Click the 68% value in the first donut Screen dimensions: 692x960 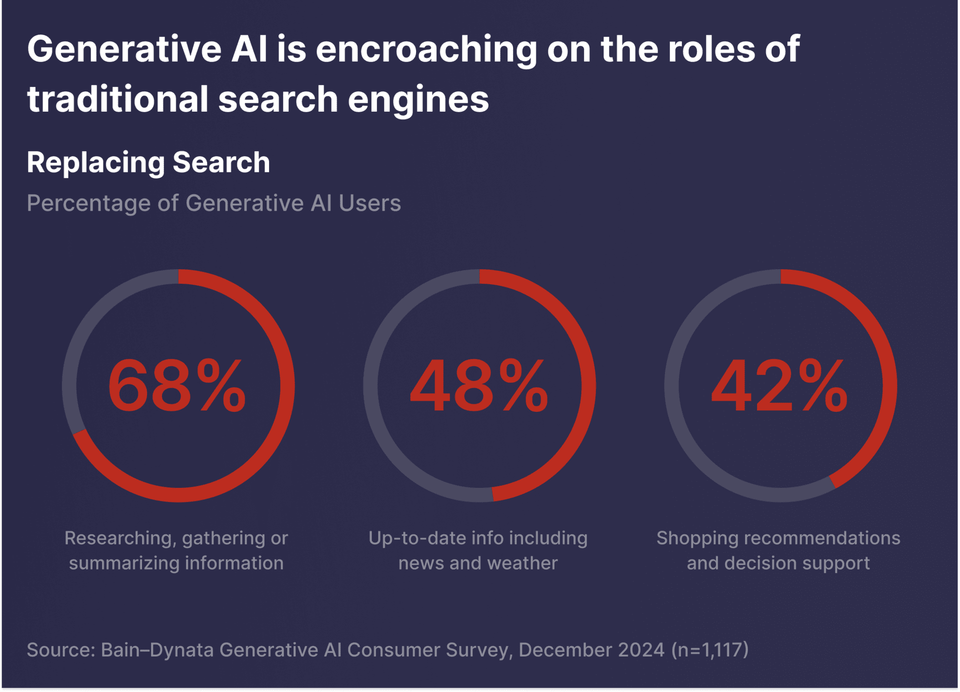[177, 386]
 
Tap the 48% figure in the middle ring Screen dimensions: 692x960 [478, 386]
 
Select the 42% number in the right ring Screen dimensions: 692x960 [779, 386]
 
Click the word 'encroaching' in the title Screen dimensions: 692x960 [426, 50]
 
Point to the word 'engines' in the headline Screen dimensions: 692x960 [418, 100]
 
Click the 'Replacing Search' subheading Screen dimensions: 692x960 [148, 163]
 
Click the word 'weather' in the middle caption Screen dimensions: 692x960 [522, 563]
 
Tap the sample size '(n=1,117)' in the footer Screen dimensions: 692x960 [710, 650]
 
